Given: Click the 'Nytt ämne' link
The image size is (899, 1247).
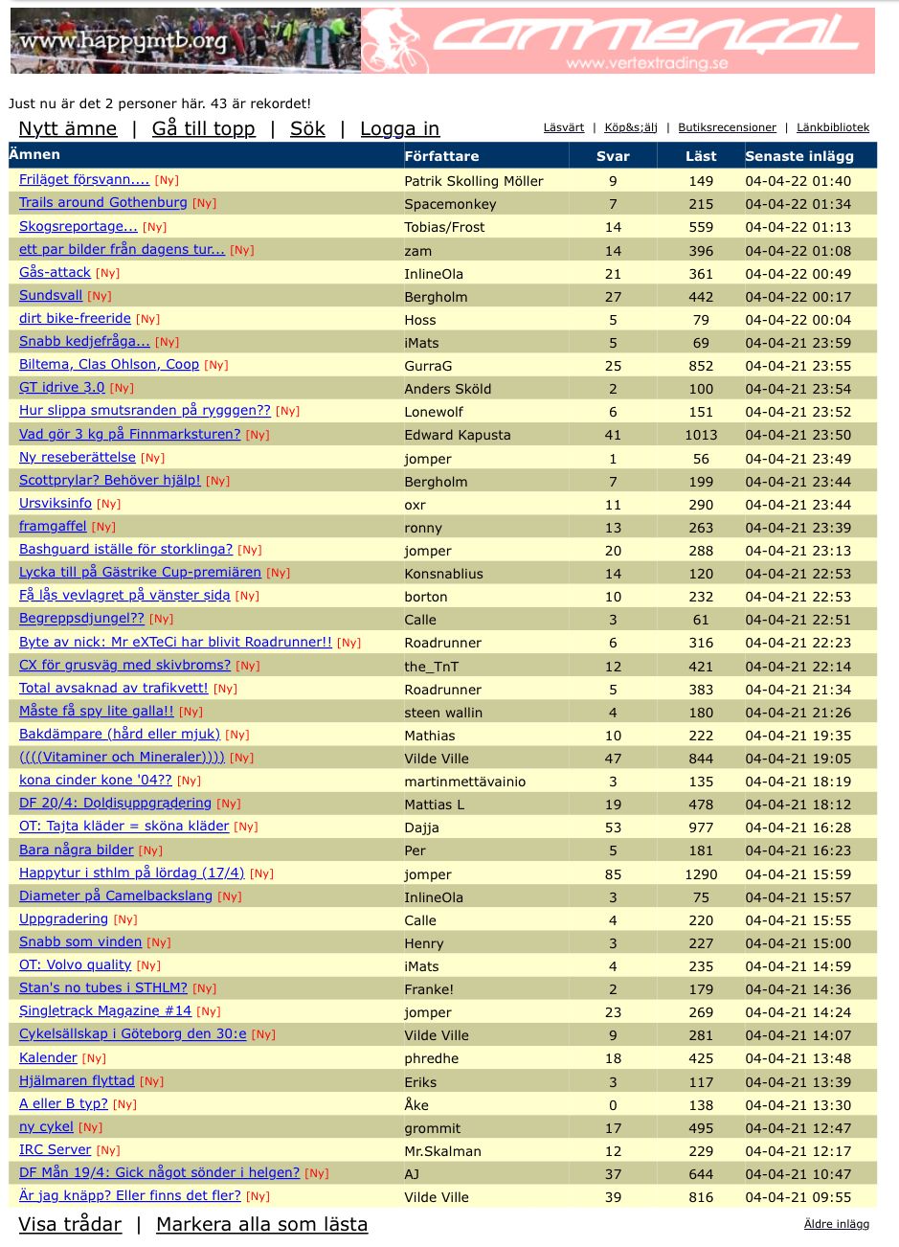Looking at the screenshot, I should [68, 128].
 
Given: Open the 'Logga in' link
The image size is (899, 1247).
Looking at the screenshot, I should [399, 128].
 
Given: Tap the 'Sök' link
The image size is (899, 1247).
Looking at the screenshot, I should [307, 128].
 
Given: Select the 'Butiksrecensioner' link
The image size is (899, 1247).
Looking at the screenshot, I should [727, 127].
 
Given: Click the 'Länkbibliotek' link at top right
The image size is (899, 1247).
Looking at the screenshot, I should [833, 127].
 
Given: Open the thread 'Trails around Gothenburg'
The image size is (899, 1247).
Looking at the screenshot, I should [103, 203].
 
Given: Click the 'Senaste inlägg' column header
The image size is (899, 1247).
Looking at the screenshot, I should [798, 156].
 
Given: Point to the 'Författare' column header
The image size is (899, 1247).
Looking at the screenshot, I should [441, 156].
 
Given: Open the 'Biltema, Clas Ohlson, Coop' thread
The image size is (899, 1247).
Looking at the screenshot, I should [109, 365].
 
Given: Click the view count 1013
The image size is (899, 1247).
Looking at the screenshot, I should [701, 435].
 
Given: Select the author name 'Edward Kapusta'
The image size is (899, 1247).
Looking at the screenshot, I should [458, 435].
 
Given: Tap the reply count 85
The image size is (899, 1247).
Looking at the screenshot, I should [613, 874].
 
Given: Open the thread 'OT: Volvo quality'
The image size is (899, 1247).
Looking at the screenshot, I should [75, 965].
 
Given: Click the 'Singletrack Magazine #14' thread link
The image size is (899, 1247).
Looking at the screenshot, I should [105, 1011].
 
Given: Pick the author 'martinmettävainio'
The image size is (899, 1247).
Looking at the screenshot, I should [464, 782].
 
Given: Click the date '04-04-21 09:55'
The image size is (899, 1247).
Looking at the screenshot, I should [798, 1197].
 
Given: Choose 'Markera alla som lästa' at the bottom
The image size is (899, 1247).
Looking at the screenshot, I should [261, 1224].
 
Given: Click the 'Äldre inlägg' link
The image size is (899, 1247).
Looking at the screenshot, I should [837, 1224].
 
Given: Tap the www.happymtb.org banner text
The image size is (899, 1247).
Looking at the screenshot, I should [123, 41].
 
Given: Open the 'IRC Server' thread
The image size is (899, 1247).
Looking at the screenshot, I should [56, 1150].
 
